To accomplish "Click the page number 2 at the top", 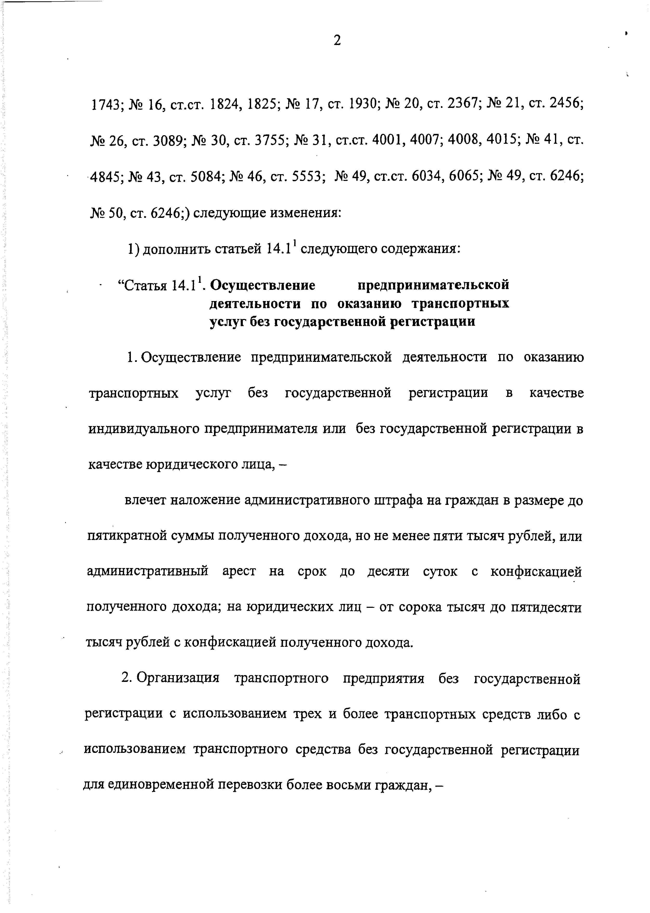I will [x=337, y=41].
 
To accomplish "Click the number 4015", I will [x=502, y=140].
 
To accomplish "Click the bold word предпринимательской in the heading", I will [x=433, y=285].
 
